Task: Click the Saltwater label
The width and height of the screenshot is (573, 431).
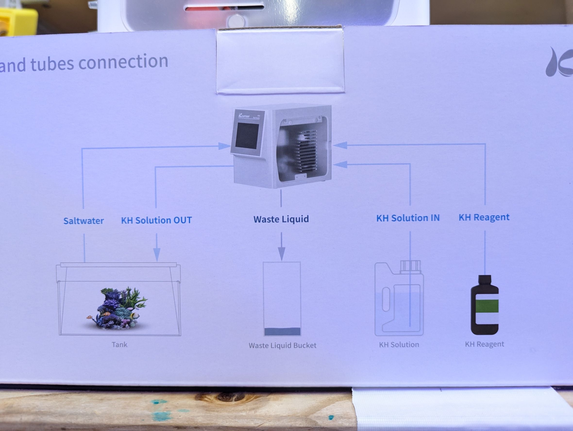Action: coord(84,221)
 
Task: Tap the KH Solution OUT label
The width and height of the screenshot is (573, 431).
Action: coord(156,220)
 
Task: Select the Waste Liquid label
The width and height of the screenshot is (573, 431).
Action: coord(281,219)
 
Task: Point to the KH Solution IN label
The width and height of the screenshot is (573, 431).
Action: coord(408,218)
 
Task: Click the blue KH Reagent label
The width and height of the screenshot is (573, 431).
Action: coord(484,217)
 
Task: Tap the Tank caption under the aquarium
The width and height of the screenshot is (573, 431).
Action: coord(119,345)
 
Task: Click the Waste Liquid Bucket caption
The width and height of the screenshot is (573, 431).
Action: coord(282,345)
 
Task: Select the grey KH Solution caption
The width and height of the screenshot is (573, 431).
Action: coord(399,345)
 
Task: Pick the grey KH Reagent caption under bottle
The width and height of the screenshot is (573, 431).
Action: coord(484,344)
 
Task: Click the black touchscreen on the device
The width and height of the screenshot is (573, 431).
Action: coord(247,136)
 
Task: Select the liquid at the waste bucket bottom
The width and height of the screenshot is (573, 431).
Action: coord(282,331)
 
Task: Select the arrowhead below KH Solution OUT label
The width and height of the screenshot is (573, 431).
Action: coord(157,254)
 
